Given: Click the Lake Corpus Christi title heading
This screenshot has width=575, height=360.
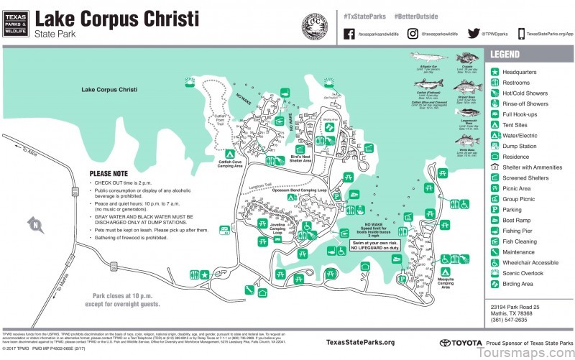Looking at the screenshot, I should pyautogui.click(x=116, y=17).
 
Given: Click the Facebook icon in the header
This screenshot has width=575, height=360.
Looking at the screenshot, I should pyautogui.click(x=349, y=33).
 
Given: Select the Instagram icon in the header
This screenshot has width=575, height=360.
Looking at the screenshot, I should pyautogui.click(x=413, y=33).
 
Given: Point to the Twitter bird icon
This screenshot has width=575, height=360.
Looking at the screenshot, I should pyautogui.click(x=474, y=33).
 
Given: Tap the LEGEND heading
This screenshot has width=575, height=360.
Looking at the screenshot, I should pyautogui.click(x=505, y=55).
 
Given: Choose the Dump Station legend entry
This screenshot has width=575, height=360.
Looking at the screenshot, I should pyautogui.click(x=519, y=146).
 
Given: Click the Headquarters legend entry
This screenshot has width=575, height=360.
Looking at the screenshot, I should pyautogui.click(x=520, y=72).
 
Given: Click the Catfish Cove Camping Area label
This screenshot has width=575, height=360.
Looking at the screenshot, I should pyautogui.click(x=229, y=164).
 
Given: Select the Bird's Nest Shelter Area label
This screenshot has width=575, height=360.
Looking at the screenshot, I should pyautogui.click(x=300, y=158).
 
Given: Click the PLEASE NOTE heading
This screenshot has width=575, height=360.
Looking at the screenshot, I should pyautogui.click(x=109, y=173).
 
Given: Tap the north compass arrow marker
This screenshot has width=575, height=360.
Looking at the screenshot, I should pyautogui.click(x=33, y=225).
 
